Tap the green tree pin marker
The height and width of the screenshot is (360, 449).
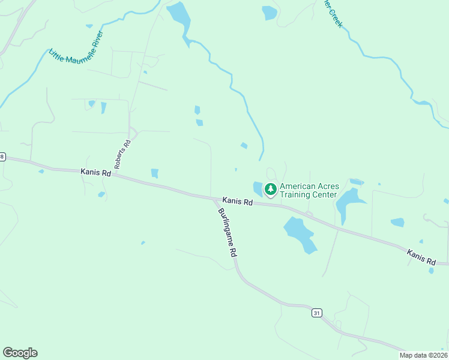pyautogui.click(x=271, y=190)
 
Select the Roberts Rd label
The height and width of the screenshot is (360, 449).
pyautogui.click(x=123, y=155)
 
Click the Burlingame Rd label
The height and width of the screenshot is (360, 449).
pyautogui.click(x=227, y=233)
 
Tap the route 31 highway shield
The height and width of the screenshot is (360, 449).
pyautogui.click(x=316, y=313)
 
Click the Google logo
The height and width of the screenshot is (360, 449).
pyautogui.click(x=20, y=353)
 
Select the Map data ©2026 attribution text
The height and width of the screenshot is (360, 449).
pyautogui.click(x=424, y=355)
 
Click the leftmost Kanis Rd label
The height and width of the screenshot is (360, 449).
pyautogui.click(x=96, y=172)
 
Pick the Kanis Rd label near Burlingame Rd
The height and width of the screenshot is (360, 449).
pyautogui.click(x=238, y=202)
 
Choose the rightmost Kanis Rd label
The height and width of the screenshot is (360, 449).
pyautogui.click(x=421, y=257)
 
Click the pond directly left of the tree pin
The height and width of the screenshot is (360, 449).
pyautogui.click(x=258, y=188)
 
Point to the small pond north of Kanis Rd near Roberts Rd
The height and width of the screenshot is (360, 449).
pyautogui.click(x=155, y=173)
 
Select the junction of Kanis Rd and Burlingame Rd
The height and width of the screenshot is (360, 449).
pyautogui.click(x=213, y=197)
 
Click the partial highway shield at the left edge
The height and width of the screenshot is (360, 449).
pyautogui.click(x=2, y=157)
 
